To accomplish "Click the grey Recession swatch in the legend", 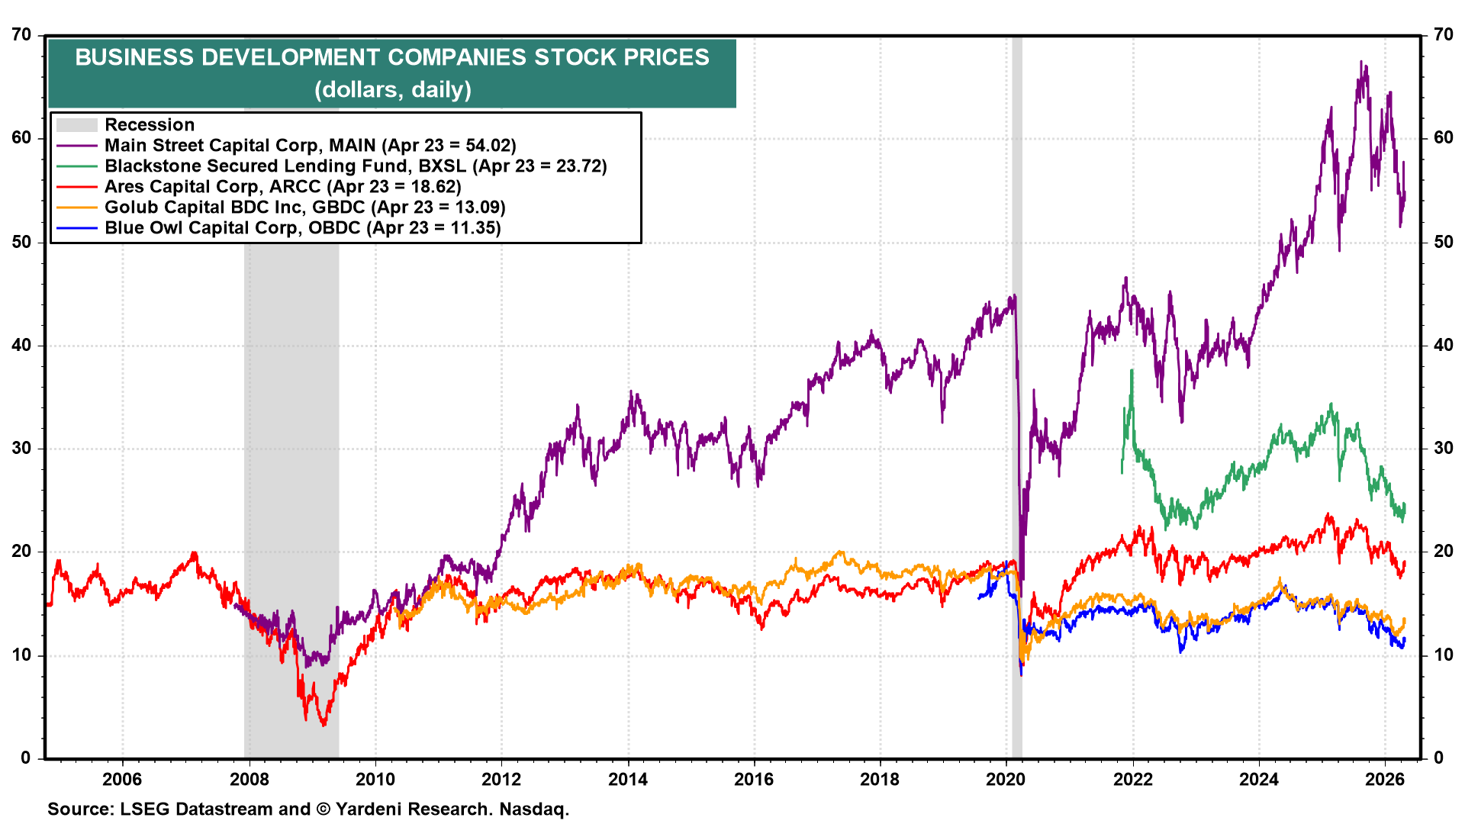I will (x=77, y=125).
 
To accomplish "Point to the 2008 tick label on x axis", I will (x=249, y=779).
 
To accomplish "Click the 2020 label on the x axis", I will (x=1006, y=779).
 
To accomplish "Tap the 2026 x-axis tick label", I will (x=1384, y=779).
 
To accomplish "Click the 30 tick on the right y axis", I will (x=1443, y=448).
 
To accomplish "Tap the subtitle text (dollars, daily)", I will (x=392, y=90).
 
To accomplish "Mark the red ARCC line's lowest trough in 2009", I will (x=324, y=724).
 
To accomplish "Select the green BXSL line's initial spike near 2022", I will (x=1132, y=372).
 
